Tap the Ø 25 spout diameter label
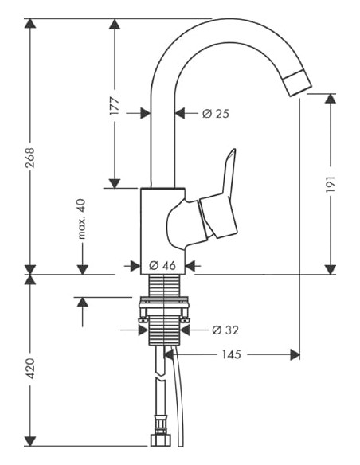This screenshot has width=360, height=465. tap(215, 114)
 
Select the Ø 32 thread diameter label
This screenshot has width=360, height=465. tap(225, 329)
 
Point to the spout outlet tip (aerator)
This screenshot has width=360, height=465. tap(297, 84)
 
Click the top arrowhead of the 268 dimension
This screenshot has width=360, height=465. tap(30, 25)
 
